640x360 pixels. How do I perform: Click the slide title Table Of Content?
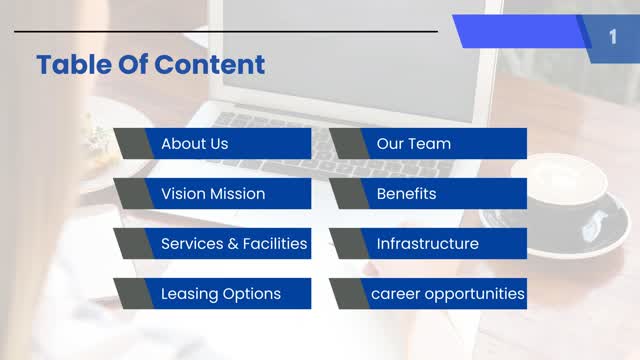click(x=150, y=65)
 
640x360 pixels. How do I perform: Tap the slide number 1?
click(x=612, y=37)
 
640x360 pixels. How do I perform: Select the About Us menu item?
click(x=194, y=143)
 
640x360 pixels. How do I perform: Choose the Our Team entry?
click(x=413, y=143)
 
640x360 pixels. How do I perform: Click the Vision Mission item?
click(x=212, y=193)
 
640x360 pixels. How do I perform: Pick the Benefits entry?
click(x=406, y=193)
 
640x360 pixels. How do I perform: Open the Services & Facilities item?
click(x=233, y=243)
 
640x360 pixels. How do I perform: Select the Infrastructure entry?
click(x=427, y=243)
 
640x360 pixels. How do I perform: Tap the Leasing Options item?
click(x=220, y=293)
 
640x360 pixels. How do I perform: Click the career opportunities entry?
click(x=447, y=293)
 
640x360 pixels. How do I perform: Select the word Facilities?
click(x=275, y=243)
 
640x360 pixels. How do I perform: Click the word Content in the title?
click(x=216, y=65)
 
